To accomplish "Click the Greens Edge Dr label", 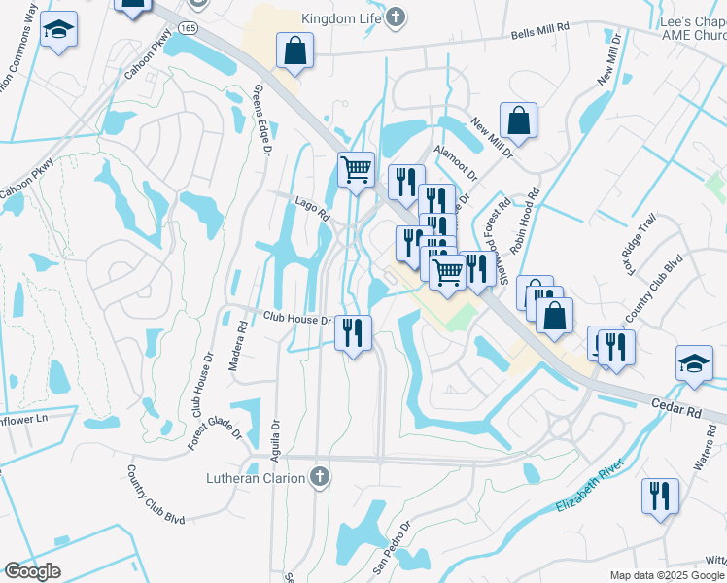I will [259, 120].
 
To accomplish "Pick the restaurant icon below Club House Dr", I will [354, 332].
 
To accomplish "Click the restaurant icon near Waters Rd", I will [660, 495].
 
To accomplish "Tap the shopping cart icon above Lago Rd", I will [356, 168].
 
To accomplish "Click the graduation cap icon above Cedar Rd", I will [694, 362].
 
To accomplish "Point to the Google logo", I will [32, 570].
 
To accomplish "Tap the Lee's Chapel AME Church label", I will [691, 27].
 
